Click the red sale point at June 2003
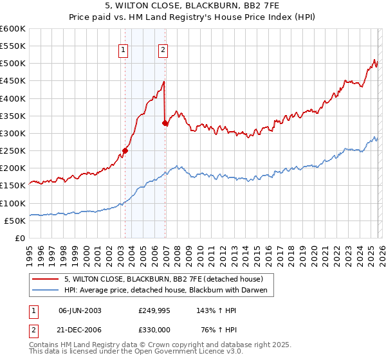(x=125, y=150)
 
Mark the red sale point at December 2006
(x=165, y=123)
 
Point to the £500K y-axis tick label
(x=13, y=64)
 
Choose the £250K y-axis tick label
(x=13, y=150)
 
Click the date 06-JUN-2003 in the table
(x=80, y=310)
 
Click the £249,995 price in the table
(x=153, y=310)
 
